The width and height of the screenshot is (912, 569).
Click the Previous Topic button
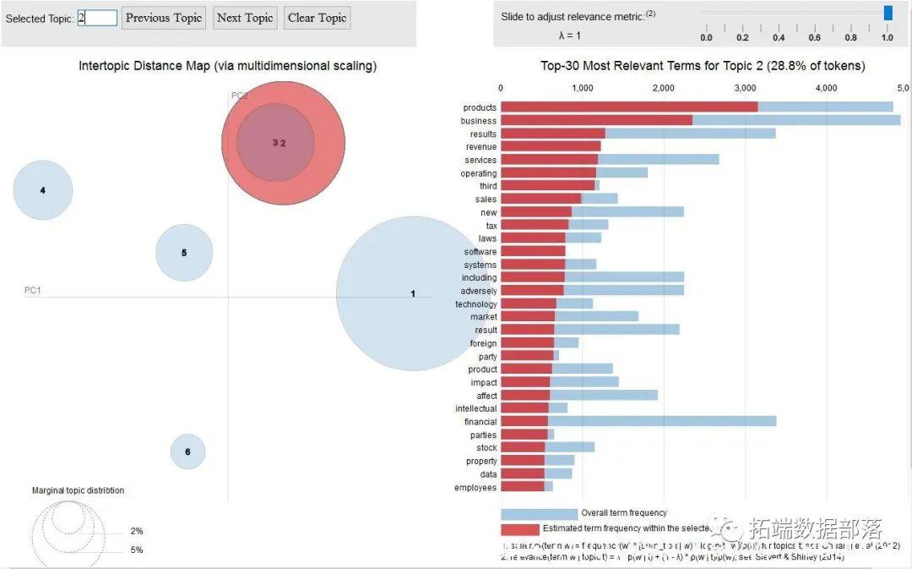click(x=164, y=18)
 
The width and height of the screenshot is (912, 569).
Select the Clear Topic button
click(x=318, y=18)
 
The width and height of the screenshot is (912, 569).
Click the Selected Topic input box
click(x=97, y=18)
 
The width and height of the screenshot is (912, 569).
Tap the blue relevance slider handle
click(x=888, y=13)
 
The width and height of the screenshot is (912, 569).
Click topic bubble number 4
click(x=43, y=190)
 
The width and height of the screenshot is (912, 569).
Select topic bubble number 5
click(x=184, y=252)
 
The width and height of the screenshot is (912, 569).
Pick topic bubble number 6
click(x=187, y=451)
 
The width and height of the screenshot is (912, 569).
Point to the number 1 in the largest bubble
click(x=413, y=293)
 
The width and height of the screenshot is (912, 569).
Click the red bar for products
click(x=629, y=107)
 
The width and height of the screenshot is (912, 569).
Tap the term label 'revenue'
click(x=481, y=146)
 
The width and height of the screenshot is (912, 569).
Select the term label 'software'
click(x=480, y=251)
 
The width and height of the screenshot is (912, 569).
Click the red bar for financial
click(x=524, y=421)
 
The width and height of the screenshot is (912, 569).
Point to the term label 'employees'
click(x=475, y=487)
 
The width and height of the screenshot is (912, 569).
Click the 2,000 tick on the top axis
click(x=664, y=88)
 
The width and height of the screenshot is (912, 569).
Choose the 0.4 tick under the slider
click(x=779, y=37)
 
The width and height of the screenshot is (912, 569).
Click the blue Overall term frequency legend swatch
click(x=539, y=513)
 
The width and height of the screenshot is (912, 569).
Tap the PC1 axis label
click(x=33, y=290)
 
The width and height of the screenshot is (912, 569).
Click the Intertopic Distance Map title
click(x=227, y=65)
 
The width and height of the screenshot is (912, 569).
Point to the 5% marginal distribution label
click(x=137, y=550)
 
